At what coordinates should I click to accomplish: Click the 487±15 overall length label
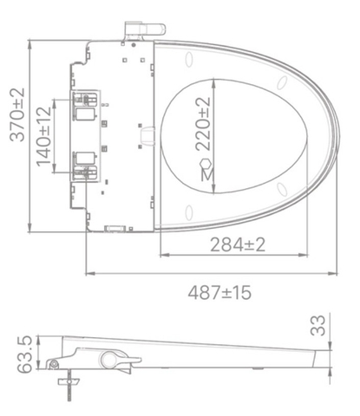(x=220, y=292)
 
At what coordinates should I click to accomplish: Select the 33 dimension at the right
(x=318, y=326)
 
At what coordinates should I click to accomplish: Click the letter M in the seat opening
(x=206, y=177)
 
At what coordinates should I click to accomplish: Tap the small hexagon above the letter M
(x=206, y=163)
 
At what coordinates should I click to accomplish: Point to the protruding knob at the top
(x=138, y=29)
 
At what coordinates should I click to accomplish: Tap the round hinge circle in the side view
(x=110, y=358)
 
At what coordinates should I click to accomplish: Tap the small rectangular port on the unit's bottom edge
(x=112, y=229)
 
